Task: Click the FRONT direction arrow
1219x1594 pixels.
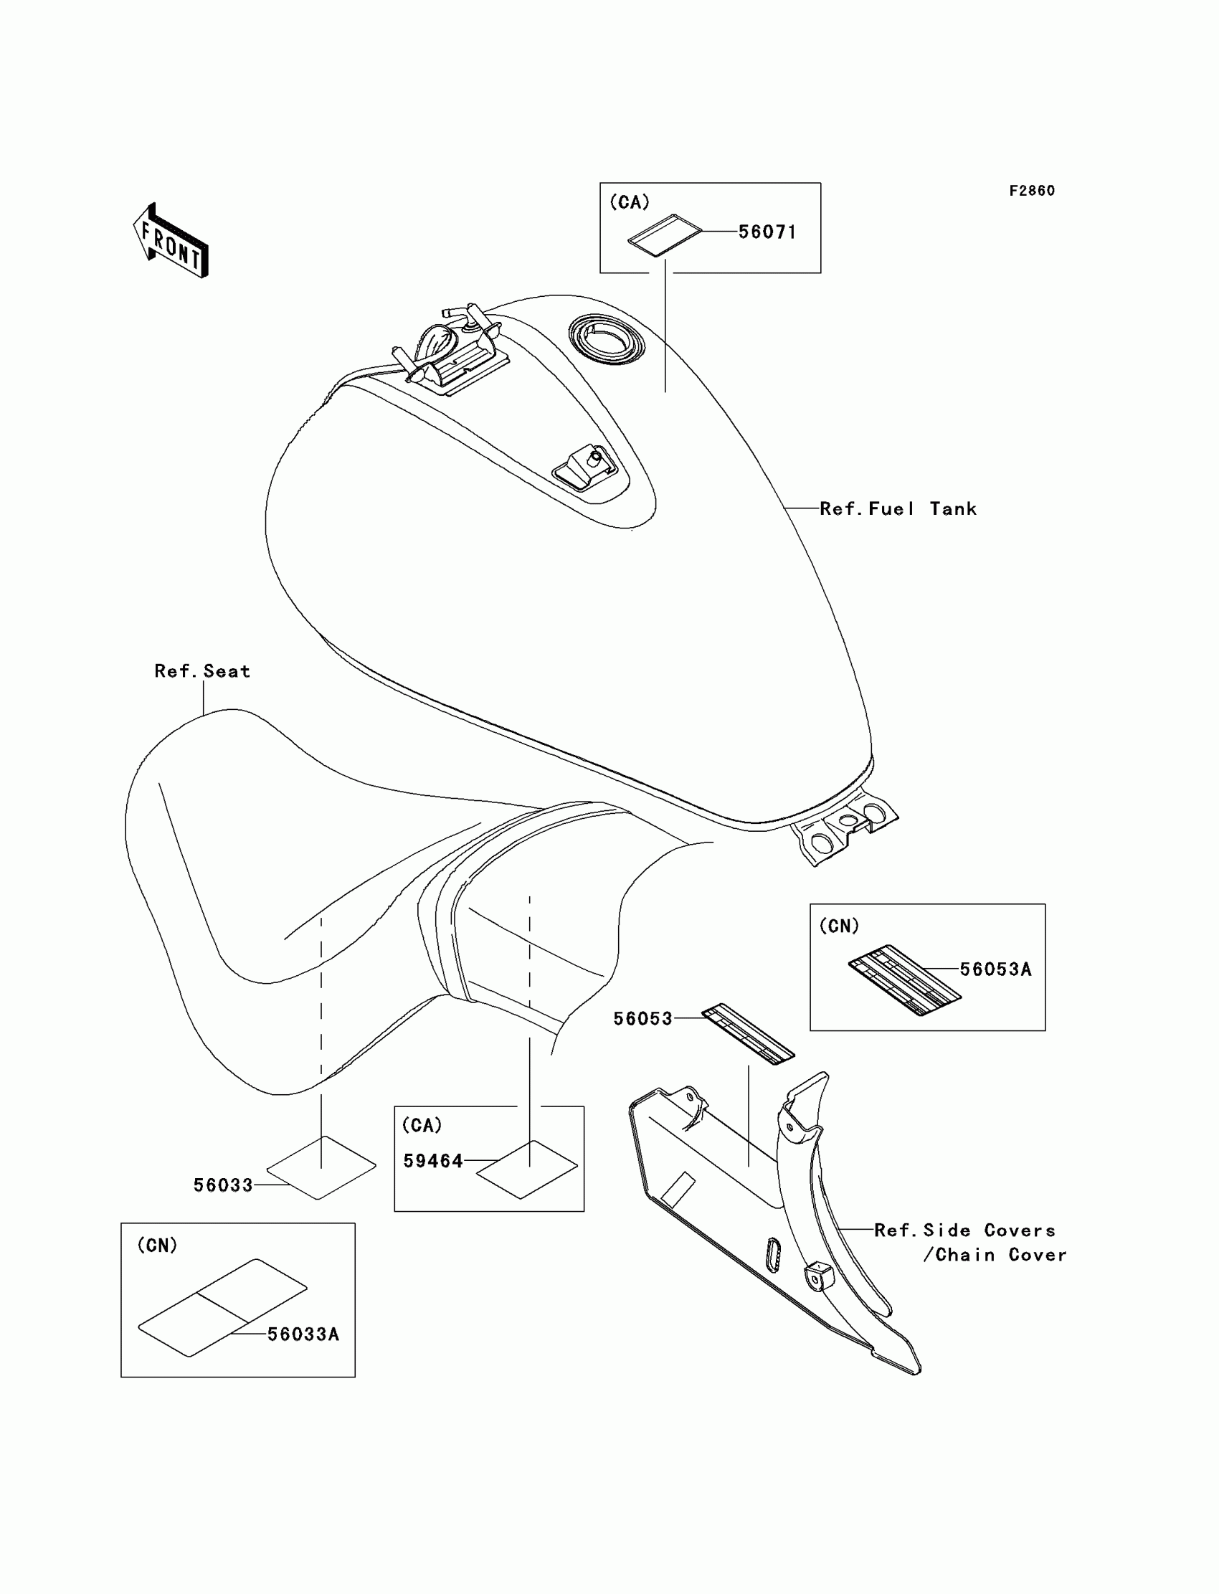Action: point(172,242)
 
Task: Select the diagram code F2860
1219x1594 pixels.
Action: point(1031,191)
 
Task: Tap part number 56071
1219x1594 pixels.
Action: point(767,232)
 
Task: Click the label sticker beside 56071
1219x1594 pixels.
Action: point(665,235)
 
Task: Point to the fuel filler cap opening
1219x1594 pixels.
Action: point(607,339)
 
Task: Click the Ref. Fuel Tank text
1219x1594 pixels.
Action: point(898,509)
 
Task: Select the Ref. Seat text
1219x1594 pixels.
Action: point(202,671)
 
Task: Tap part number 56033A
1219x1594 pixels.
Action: point(303,1334)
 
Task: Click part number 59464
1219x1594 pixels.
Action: point(433,1161)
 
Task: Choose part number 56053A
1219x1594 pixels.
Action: point(995,969)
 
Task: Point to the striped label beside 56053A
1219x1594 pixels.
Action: point(904,981)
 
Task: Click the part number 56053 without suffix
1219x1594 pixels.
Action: point(643,1019)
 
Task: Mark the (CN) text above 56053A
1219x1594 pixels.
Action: point(839,926)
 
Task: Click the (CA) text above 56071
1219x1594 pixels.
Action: point(629,203)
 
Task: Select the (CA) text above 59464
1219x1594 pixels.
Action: point(422,1125)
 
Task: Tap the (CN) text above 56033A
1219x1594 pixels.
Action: point(157,1246)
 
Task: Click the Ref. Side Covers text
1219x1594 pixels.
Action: point(964,1230)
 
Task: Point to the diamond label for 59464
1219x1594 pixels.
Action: point(527,1170)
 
